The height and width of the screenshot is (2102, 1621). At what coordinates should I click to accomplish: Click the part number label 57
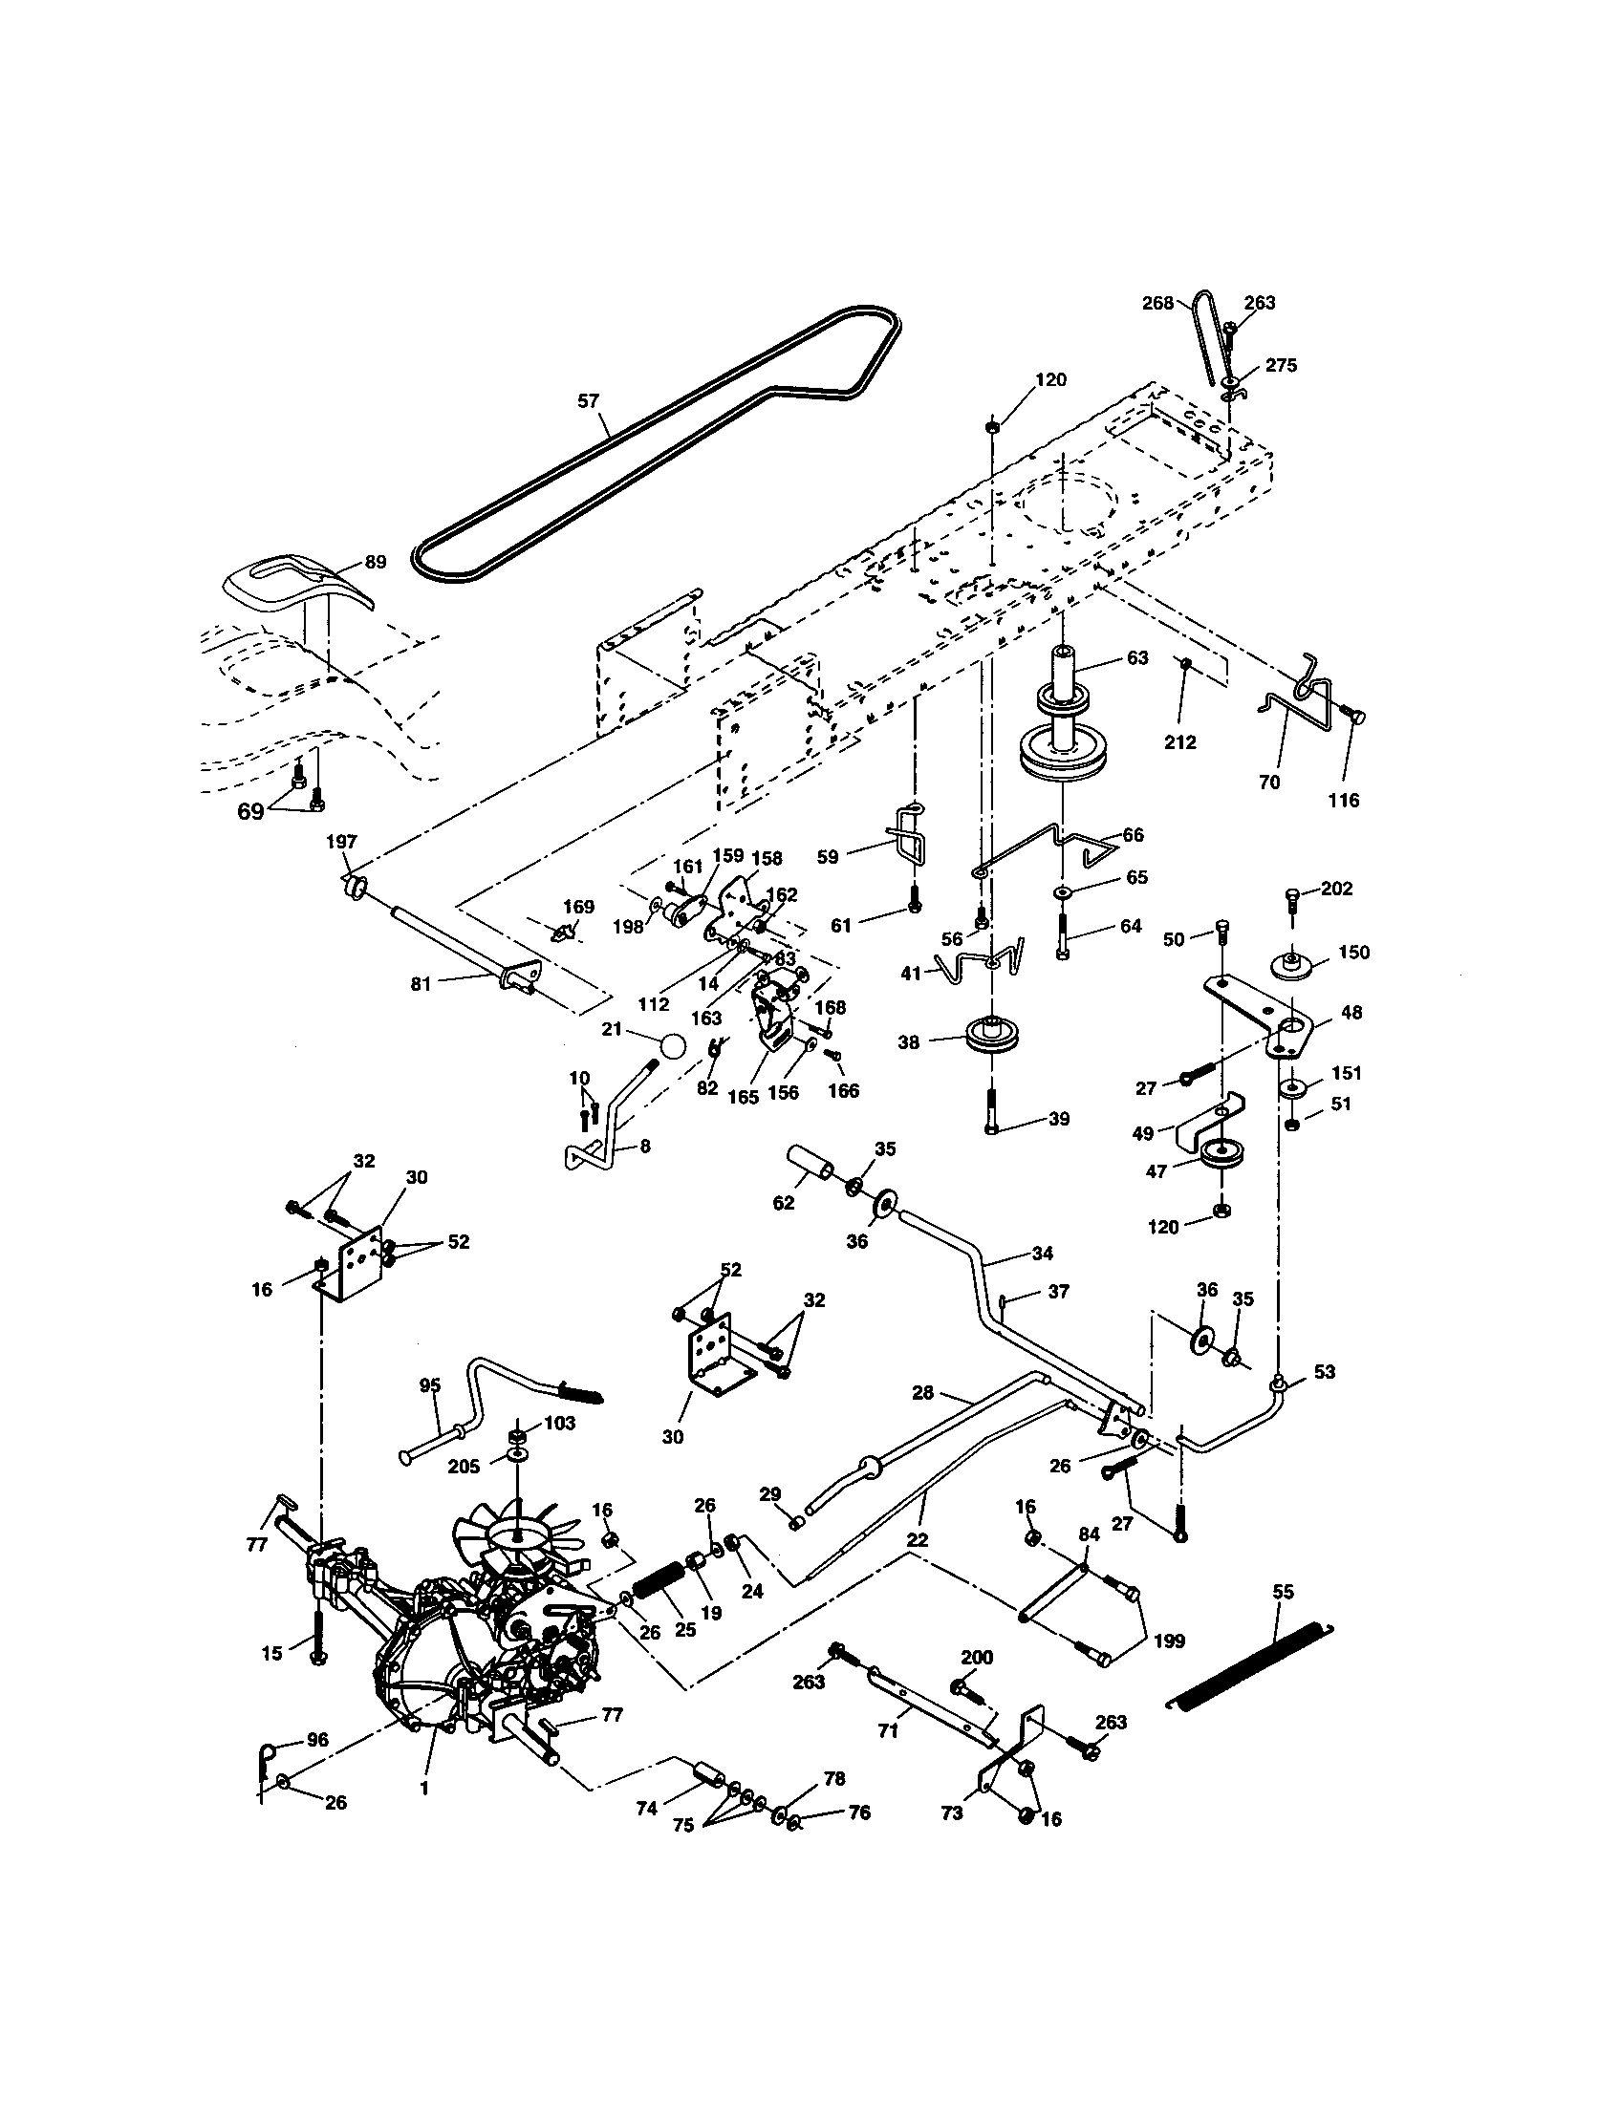coord(588,401)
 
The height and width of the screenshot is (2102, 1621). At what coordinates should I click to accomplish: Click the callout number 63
coord(1136,658)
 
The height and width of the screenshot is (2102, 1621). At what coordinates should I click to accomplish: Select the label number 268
coord(1157,303)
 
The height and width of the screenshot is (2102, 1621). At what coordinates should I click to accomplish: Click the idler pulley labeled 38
coord(991,1039)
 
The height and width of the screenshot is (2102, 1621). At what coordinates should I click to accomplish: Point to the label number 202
coord(1336,889)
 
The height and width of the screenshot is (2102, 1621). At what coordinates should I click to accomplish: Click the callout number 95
coord(429,1386)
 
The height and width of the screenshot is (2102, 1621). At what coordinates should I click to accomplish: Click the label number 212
coord(1180,742)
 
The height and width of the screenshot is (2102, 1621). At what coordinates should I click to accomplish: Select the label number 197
coord(341,842)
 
